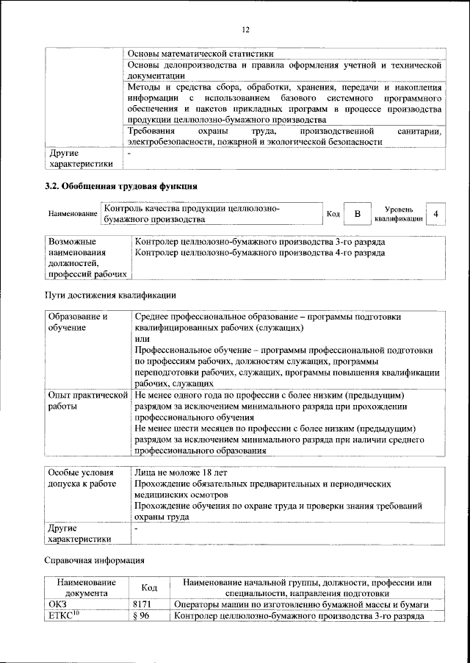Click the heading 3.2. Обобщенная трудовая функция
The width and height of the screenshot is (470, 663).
coord(121,187)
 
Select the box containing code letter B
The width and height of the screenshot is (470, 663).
coord(357,213)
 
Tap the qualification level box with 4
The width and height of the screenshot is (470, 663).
coord(436,213)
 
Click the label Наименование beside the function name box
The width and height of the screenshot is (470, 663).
coord(73,214)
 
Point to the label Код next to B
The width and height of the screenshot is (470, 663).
coord(333,214)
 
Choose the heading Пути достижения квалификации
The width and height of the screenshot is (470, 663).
coord(110,295)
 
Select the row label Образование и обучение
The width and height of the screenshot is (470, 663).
coord(79,321)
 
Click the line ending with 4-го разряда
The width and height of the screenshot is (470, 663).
coord(260,253)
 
